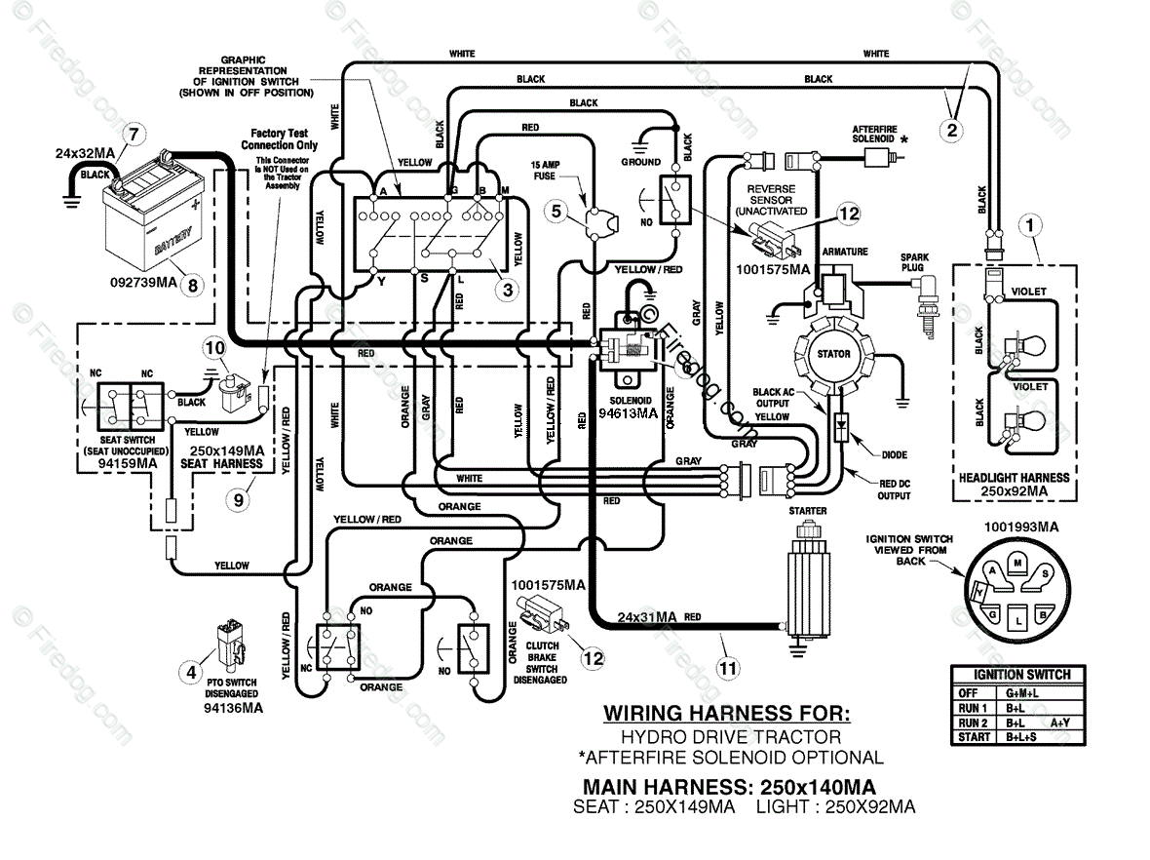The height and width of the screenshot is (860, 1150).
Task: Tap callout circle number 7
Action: [x=133, y=135]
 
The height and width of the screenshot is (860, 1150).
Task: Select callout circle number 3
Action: [x=507, y=290]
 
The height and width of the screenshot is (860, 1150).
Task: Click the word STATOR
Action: [x=834, y=354]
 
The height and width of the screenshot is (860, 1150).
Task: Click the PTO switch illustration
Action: [x=230, y=646]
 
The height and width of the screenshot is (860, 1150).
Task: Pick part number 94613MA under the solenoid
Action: [x=628, y=413]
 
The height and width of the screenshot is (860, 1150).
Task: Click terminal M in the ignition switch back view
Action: [x=1017, y=563]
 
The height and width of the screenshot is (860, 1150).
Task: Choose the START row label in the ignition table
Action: [x=974, y=737]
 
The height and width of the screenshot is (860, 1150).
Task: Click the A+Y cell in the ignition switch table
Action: [x=1059, y=723]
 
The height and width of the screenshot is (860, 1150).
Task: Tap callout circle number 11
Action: [x=728, y=668]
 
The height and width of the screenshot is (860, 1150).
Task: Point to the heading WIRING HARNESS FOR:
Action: [x=727, y=713]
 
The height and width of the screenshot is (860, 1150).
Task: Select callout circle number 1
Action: [x=1030, y=225]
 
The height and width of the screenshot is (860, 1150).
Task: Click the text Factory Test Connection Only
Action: [x=280, y=139]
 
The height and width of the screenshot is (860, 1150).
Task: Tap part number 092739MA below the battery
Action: [x=144, y=283]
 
